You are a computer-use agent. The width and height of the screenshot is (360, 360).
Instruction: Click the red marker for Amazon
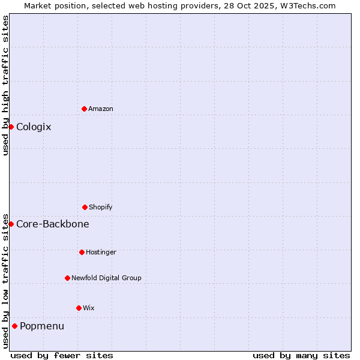[84, 109]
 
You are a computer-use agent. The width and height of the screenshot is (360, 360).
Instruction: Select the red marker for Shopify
[85, 207]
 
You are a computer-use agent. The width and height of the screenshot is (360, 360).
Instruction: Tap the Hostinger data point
[82, 252]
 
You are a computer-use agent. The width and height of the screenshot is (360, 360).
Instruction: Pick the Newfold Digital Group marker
[67, 278]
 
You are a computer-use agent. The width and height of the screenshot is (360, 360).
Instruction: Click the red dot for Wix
[79, 308]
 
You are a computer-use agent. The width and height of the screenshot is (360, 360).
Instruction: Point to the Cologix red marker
[11, 127]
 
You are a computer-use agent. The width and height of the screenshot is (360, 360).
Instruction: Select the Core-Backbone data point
[11, 224]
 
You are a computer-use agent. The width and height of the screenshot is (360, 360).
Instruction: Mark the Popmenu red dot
[14, 326]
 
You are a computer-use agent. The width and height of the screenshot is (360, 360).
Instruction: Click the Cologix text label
[34, 127]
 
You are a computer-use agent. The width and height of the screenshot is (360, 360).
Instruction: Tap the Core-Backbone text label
[53, 224]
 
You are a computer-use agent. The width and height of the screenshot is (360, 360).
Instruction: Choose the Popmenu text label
[42, 326]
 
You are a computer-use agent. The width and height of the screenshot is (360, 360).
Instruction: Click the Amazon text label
[101, 109]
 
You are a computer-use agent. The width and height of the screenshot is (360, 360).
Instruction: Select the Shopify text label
[101, 207]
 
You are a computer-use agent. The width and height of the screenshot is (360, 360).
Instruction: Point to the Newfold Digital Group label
[106, 278]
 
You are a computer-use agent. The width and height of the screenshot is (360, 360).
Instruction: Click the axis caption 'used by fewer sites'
[62, 355]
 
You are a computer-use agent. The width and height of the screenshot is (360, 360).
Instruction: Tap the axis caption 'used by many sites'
[301, 355]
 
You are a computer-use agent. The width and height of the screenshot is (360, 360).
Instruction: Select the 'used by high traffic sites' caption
[5, 85]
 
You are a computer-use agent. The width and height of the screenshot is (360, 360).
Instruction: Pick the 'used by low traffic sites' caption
[5, 281]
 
